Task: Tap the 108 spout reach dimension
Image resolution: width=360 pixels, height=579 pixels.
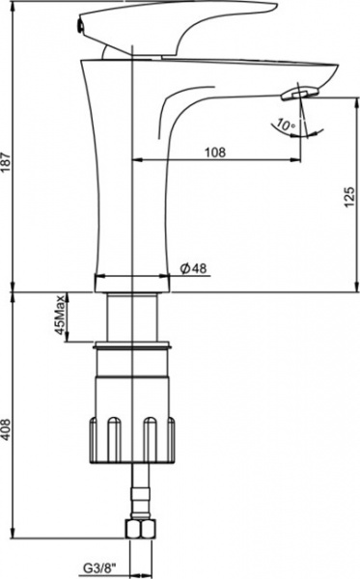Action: [215, 152]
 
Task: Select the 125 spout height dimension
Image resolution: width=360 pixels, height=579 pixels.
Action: [349, 197]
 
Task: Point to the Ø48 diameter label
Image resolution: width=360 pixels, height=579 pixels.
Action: [193, 268]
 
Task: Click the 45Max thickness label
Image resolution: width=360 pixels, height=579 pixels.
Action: [60, 315]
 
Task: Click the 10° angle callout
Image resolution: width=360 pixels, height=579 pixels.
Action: [285, 124]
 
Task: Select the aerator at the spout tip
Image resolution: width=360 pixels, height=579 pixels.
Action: [299, 93]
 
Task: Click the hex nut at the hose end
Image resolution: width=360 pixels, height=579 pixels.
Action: [141, 529]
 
